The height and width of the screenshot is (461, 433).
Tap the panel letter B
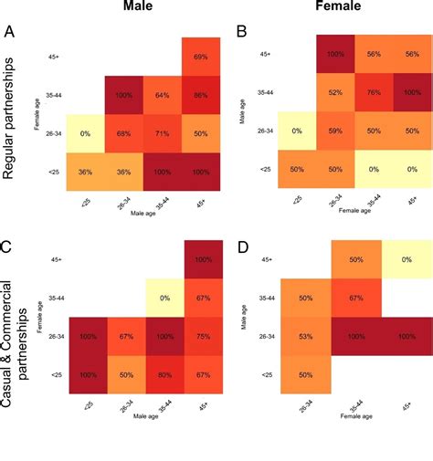click(241, 33)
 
